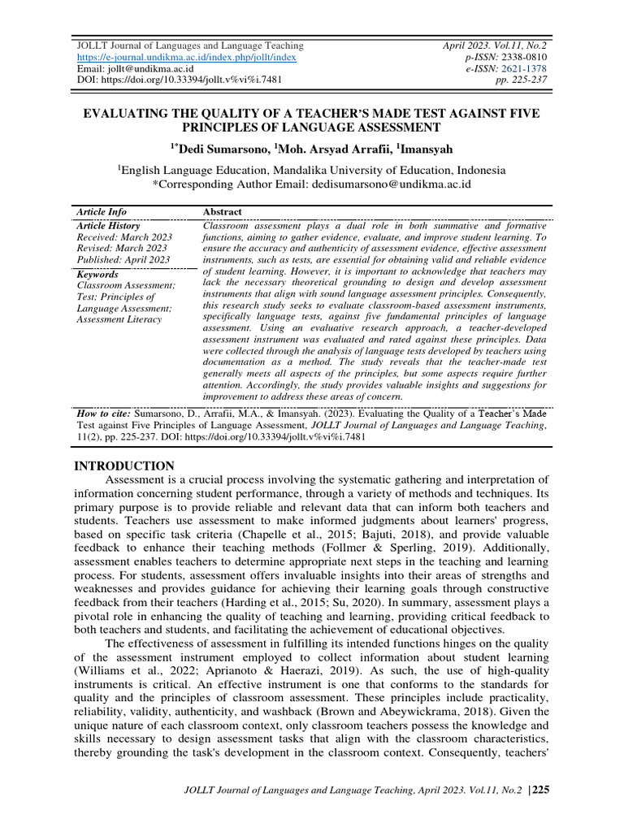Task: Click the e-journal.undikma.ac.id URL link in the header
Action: pyautogui.click(x=186, y=58)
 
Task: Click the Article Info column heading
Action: pyautogui.click(x=102, y=212)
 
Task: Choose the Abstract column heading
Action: pyautogui.click(x=222, y=212)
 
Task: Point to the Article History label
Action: pyautogui.click(x=108, y=226)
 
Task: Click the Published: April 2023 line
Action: pyautogui.click(x=123, y=259)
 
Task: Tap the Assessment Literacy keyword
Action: pyautogui.click(x=119, y=319)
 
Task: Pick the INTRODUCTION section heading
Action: pyautogui.click(x=124, y=466)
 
